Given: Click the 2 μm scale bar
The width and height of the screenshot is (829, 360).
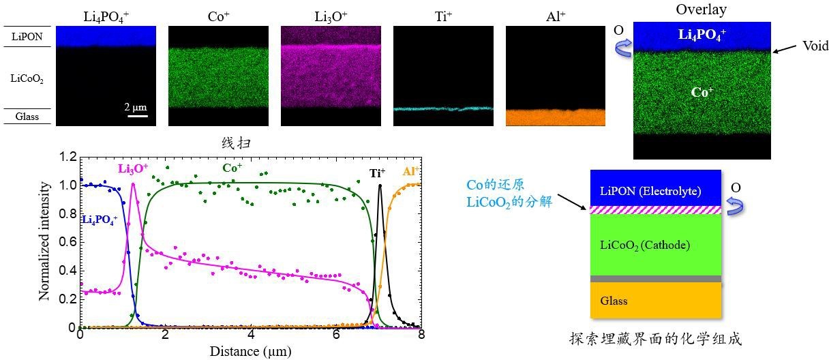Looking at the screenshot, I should point(137,115).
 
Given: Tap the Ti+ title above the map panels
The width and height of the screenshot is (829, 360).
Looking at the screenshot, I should point(443,16).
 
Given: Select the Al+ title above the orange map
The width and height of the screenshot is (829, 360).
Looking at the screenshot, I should point(556,16).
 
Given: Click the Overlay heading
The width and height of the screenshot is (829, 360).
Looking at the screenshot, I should point(702,10).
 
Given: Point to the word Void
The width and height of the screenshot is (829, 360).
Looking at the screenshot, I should point(815,46).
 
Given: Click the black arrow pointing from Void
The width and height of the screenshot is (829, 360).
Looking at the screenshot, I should point(787,48).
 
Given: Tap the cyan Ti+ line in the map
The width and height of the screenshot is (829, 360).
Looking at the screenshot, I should point(443,108).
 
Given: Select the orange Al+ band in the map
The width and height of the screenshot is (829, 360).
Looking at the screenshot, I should point(555,117).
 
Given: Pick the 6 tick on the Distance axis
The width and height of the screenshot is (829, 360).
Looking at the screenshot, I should point(337,335).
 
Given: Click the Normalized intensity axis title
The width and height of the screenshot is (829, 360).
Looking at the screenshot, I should point(44,241).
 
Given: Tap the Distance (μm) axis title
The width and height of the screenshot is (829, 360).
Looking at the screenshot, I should point(251,351).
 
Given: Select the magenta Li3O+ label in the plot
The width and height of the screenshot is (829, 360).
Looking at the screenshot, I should point(132,168).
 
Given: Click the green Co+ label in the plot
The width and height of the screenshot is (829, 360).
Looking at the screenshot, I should point(232,167).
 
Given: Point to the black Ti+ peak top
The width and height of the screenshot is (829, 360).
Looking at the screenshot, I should point(380,185).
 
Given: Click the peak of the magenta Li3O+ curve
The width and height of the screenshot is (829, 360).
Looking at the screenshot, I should point(133,183).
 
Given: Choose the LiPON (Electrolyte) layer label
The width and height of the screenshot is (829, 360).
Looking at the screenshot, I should point(650,192).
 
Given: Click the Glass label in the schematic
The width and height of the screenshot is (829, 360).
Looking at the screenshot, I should point(614,301).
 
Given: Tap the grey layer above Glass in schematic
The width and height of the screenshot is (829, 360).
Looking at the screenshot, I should point(655,279).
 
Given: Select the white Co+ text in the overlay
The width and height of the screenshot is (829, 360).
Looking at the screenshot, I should point(702,92).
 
